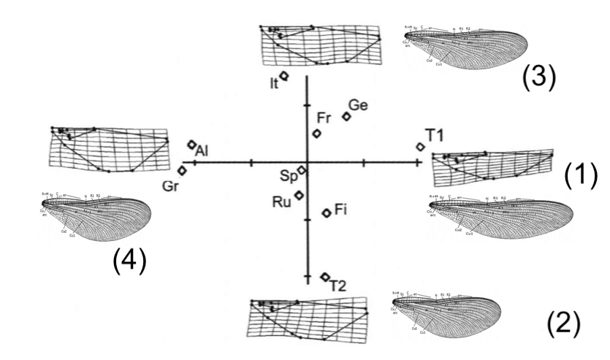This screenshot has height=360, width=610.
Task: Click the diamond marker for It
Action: tap(284, 75)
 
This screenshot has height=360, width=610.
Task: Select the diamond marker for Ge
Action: tap(347, 116)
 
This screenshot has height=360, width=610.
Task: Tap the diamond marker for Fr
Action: tap(317, 133)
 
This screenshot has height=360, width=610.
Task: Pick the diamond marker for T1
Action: tap(421, 147)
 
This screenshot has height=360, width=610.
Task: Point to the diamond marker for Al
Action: tap(192, 145)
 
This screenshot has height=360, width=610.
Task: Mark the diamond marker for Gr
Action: tap(183, 170)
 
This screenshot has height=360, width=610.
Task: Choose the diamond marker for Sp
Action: tap(302, 170)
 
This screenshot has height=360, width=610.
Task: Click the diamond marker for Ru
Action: tap(299, 195)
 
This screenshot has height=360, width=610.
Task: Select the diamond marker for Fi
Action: tap(327, 213)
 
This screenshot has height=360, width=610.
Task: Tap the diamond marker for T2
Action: tap(325, 277)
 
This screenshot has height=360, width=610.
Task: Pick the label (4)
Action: tap(129, 261)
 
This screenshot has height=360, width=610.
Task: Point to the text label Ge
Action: tap(357, 105)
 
